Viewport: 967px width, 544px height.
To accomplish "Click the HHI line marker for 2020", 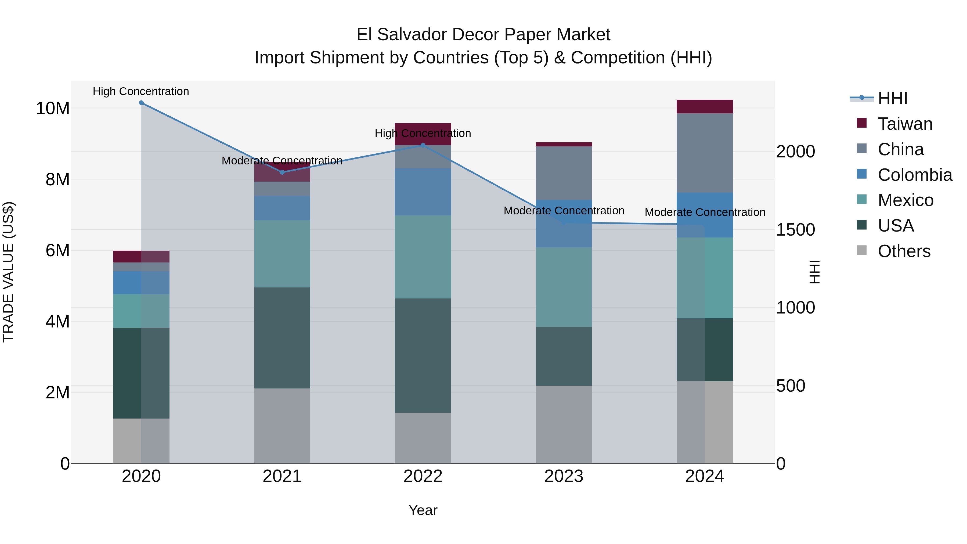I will (x=141, y=103).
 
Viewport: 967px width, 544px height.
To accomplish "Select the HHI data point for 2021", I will (x=282, y=172).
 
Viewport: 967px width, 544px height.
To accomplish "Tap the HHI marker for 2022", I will (x=423, y=145).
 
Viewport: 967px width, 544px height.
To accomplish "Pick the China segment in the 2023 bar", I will (x=564, y=173).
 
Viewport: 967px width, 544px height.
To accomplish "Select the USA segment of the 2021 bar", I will (x=282, y=338).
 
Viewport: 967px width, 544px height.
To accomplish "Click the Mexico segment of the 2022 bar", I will (x=423, y=257).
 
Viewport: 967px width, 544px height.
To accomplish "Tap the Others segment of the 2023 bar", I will (x=564, y=424).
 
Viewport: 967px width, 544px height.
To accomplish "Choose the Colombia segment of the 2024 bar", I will (x=705, y=215).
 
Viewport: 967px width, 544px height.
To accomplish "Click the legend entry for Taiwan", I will (x=905, y=124).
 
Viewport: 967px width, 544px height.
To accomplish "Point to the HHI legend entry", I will (x=892, y=98).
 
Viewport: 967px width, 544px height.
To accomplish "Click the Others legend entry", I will (x=904, y=251).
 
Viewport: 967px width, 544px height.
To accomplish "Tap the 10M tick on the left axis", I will (x=53, y=109).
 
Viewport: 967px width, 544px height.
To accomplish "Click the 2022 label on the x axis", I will (x=423, y=476).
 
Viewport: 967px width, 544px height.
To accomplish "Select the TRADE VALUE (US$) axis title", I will (x=8, y=272).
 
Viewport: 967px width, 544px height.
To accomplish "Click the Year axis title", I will (x=423, y=510).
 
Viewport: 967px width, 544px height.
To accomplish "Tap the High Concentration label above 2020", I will (x=141, y=91).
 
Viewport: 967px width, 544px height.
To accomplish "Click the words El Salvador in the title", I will (x=401, y=35).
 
